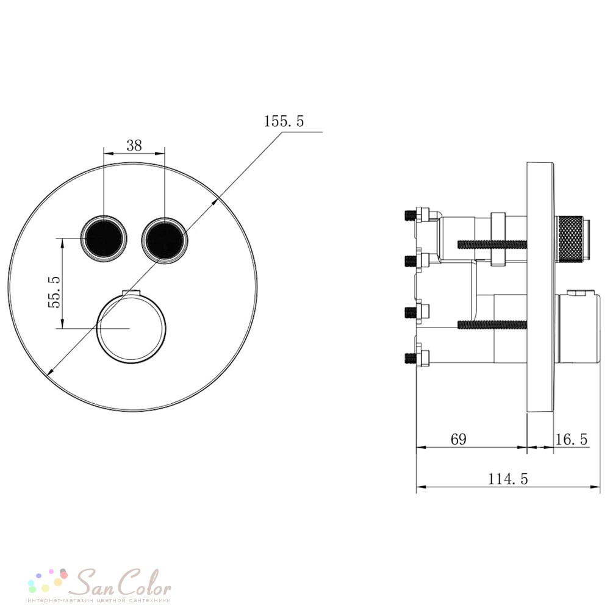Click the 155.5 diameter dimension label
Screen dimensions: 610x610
click(284, 121)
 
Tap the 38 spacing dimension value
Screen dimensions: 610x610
click(134, 146)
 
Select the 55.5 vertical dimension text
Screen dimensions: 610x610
click(54, 292)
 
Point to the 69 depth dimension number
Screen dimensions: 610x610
click(458, 439)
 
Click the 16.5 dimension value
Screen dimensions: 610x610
click(571, 439)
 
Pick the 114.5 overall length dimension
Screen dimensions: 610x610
click(508, 479)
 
